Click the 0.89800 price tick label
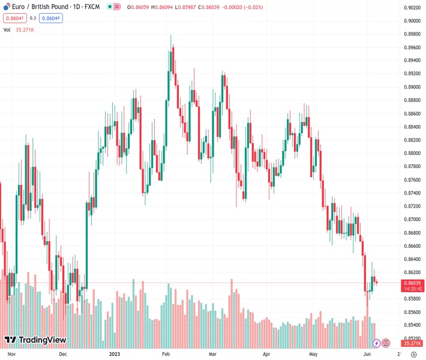tap(412, 34)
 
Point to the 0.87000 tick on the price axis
tap(412, 220)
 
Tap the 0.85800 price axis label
tap(412, 299)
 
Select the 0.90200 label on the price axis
tap(412, 8)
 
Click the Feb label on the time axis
tap(167, 355)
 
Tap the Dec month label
tap(63, 355)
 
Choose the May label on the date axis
tap(313, 355)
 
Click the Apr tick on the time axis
tap(267, 355)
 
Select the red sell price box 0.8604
tap(13, 18)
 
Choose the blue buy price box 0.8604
tap(52, 18)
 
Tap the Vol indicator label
tap(7, 29)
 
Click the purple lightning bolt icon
tap(376, 343)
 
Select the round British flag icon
tap(386, 343)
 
